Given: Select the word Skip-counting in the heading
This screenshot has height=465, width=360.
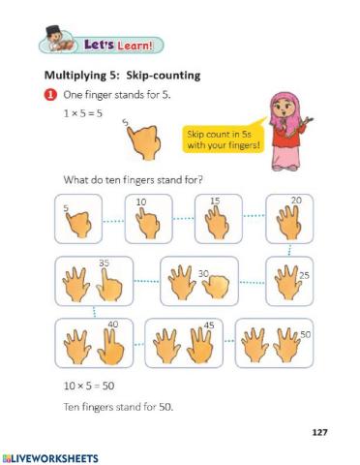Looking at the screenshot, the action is pyautogui.click(x=165, y=76).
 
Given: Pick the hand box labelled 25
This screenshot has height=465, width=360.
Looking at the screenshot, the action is pyautogui.click(x=290, y=281).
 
